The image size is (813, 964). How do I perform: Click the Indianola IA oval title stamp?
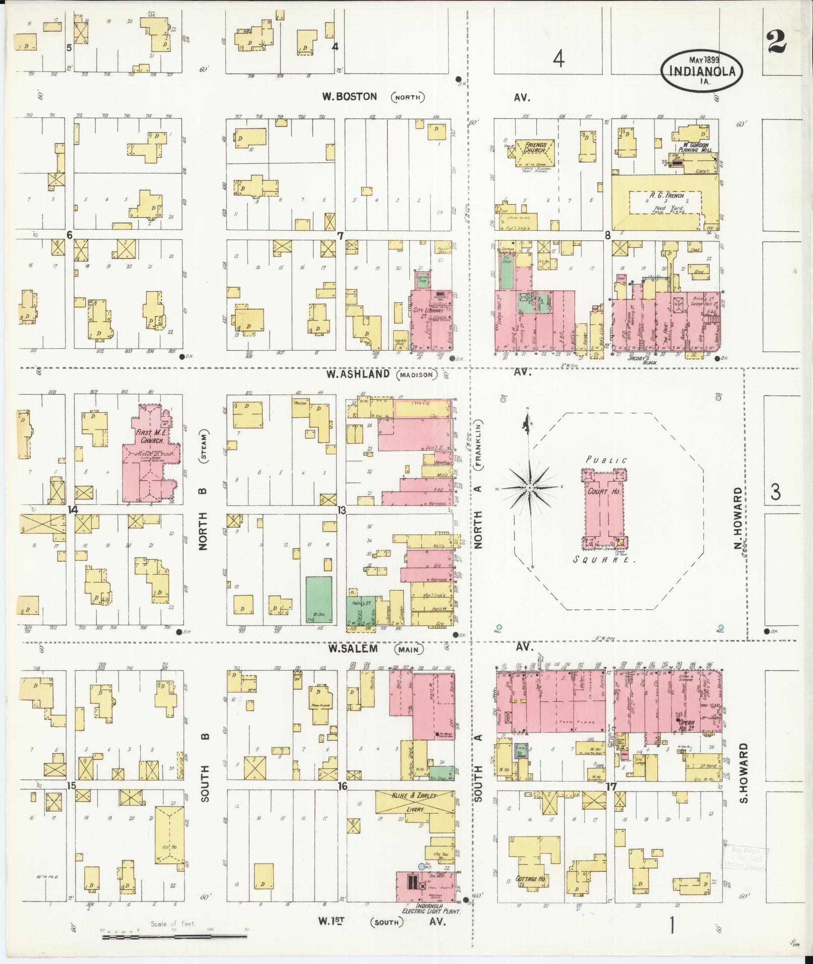[x=702, y=70]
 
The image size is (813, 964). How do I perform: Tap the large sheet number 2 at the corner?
[x=776, y=42]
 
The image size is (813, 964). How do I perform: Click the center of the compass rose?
[x=530, y=488]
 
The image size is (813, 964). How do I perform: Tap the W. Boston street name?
[x=349, y=96]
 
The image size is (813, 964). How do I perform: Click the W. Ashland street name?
[x=357, y=374]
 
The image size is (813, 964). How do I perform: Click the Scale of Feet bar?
[x=174, y=937]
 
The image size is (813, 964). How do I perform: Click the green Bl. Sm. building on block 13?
[x=319, y=600]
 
